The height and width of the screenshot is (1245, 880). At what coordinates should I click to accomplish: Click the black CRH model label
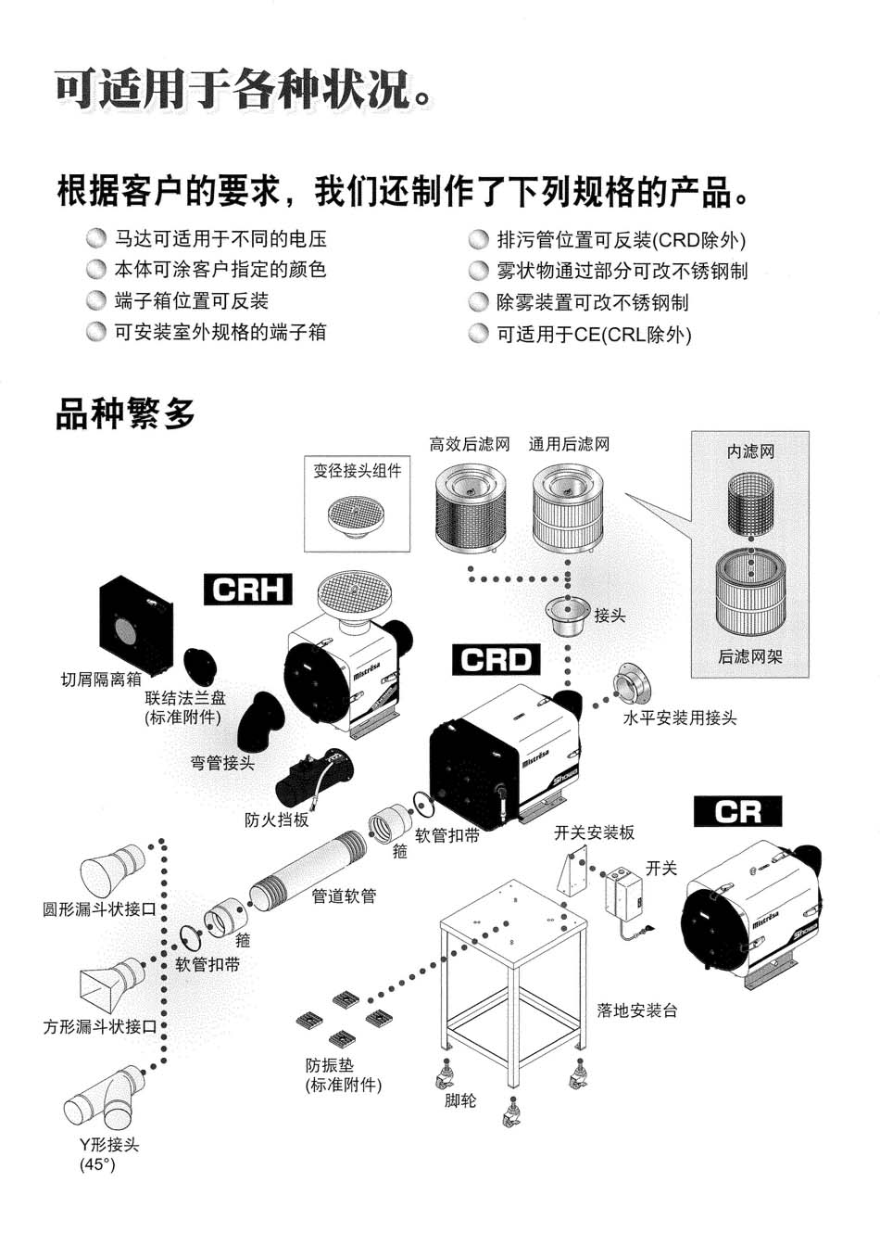tap(247, 590)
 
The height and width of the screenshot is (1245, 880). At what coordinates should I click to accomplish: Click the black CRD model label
tap(496, 659)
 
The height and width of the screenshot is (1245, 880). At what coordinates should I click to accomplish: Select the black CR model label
tap(737, 812)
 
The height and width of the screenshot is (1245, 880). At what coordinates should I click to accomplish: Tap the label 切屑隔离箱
tap(101, 680)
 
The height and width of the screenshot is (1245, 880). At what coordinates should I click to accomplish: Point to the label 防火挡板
tap(277, 819)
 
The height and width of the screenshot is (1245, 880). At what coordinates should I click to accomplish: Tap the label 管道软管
tap(344, 896)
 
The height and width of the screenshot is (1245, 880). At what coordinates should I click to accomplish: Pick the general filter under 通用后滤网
tap(568, 506)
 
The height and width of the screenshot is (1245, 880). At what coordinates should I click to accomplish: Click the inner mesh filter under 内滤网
tap(749, 505)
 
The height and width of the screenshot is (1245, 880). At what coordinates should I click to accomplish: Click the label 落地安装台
tap(637, 1010)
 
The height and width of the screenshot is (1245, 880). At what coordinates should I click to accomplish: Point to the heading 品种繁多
tap(126, 414)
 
